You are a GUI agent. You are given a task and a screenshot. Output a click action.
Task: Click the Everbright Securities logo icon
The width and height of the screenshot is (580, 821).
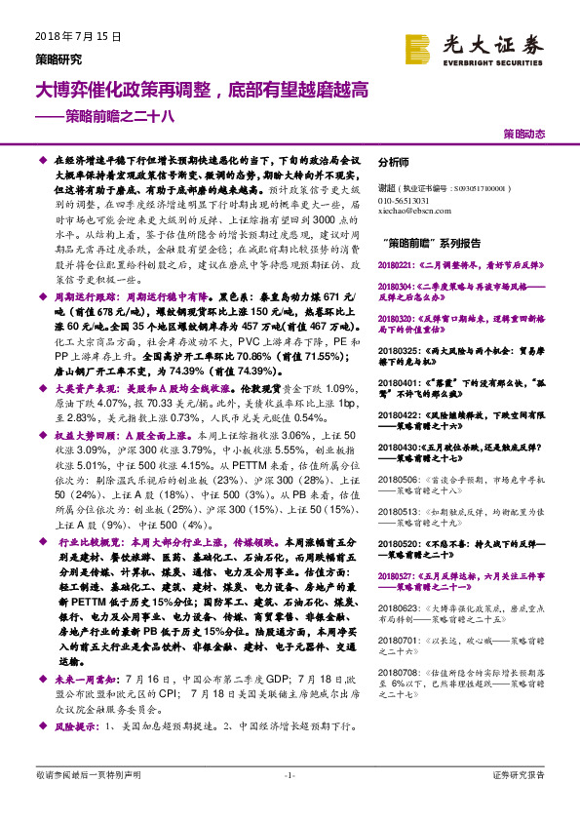(x=417, y=47)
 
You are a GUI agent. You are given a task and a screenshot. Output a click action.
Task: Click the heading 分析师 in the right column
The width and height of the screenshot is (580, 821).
(x=393, y=163)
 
